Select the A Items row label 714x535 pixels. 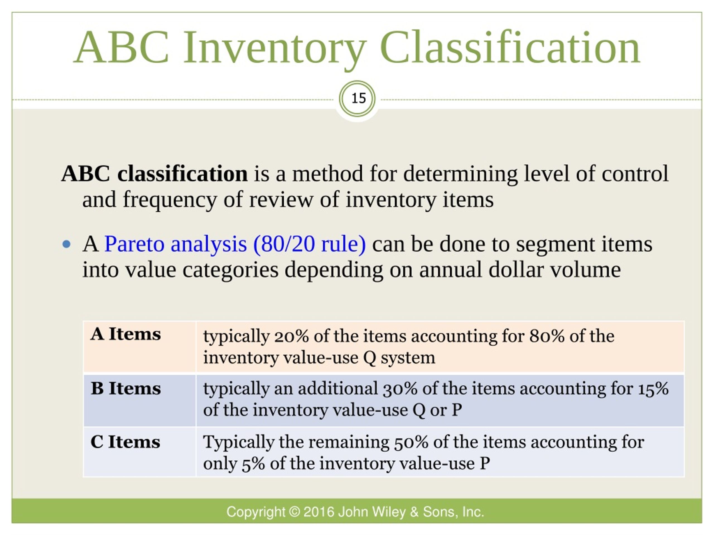point(126,334)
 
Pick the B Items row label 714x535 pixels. point(126,388)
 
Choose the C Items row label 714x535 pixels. point(125,442)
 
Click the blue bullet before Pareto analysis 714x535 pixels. point(66,244)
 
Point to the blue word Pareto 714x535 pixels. point(135,244)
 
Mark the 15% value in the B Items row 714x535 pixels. point(653,389)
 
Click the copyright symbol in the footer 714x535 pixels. point(294,512)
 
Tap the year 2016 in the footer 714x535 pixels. point(319,512)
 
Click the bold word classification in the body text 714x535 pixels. point(182,174)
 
